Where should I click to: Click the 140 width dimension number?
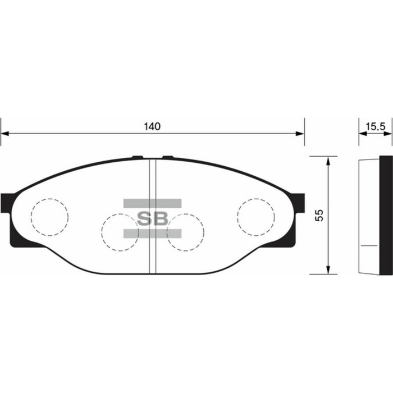[x=152, y=126]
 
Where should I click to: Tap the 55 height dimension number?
[x=319, y=216]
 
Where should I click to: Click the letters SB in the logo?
[x=152, y=218]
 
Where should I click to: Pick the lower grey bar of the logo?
[x=152, y=233]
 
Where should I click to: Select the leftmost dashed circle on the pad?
[x=49, y=217]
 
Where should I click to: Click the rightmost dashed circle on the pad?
[x=256, y=217]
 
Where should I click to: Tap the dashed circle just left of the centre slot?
[x=121, y=232]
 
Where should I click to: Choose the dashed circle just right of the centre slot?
[x=185, y=232]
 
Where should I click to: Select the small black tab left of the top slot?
[x=136, y=157]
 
